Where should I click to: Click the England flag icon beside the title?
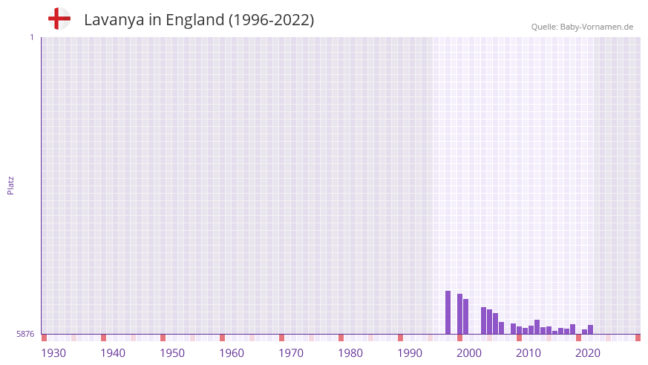(59, 19)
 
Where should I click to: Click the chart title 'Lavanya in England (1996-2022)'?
(199, 20)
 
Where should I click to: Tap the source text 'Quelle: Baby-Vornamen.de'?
(582, 27)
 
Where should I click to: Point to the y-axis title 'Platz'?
(10, 185)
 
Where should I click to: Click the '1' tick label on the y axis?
(31, 37)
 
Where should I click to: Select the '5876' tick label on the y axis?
(25, 334)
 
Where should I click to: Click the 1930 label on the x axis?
(53, 353)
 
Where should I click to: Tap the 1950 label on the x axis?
(172, 353)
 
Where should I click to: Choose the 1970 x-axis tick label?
(291, 353)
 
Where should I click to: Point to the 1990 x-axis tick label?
(410, 353)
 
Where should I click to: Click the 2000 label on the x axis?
(469, 353)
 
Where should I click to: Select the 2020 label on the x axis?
(588, 353)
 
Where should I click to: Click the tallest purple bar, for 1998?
(448, 312)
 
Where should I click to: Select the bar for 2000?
(460, 314)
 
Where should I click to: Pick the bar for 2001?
(466, 317)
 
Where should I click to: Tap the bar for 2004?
(484, 320)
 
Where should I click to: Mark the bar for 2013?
(537, 327)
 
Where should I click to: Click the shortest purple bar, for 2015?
(555, 332)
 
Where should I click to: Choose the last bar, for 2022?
(591, 329)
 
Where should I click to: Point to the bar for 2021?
(585, 332)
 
